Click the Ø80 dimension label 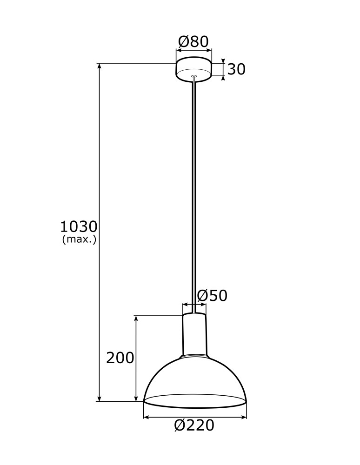pyautogui.click(x=193, y=42)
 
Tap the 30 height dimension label pyautogui.click(x=236, y=69)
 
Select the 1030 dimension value pyautogui.click(x=79, y=227)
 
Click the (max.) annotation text pyautogui.click(x=79, y=240)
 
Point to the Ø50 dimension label pyautogui.click(x=212, y=295)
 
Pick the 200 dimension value pyautogui.click(x=120, y=358)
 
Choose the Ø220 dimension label pyautogui.click(x=194, y=425)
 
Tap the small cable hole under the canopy pyautogui.click(x=194, y=76)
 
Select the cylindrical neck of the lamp pyautogui.click(x=193, y=334)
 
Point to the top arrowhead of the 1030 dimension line pyautogui.click(x=100, y=66)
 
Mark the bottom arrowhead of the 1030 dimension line pyautogui.click(x=100, y=398)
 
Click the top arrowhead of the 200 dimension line pyautogui.click(x=136, y=319)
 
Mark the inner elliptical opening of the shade pyautogui.click(x=194, y=400)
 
